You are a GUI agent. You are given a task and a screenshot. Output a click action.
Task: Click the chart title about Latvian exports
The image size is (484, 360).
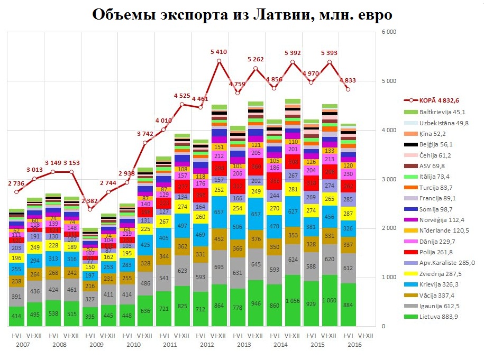(242, 14)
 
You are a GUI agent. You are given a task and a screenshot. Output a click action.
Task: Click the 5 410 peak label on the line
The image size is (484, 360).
(218, 52)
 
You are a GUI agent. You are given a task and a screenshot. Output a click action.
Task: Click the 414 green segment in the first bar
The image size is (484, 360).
(16, 316)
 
